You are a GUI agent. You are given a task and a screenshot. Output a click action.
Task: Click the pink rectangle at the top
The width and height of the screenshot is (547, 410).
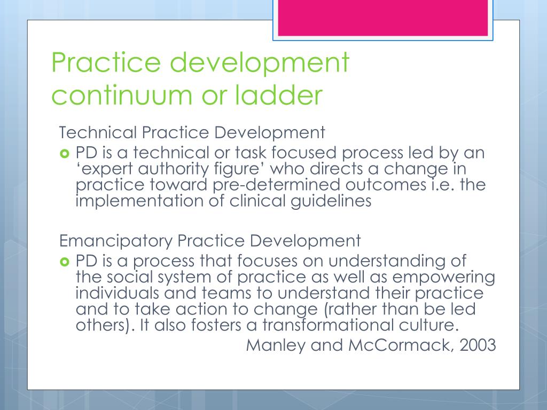[382, 18]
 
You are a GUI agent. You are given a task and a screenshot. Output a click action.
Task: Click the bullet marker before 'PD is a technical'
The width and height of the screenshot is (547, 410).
[65, 154]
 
